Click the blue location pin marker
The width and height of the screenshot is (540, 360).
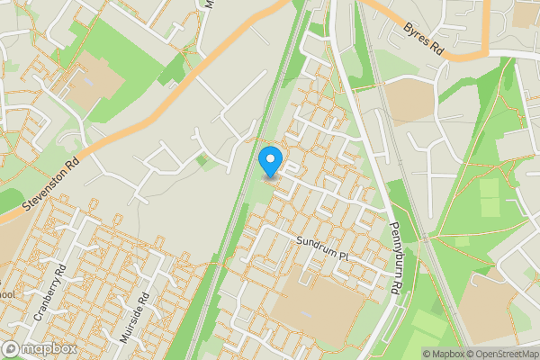(269, 162)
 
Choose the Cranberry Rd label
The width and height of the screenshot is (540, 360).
(49, 293)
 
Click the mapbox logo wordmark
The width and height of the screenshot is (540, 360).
(39, 348)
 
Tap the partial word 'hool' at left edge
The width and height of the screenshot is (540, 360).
(7, 294)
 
